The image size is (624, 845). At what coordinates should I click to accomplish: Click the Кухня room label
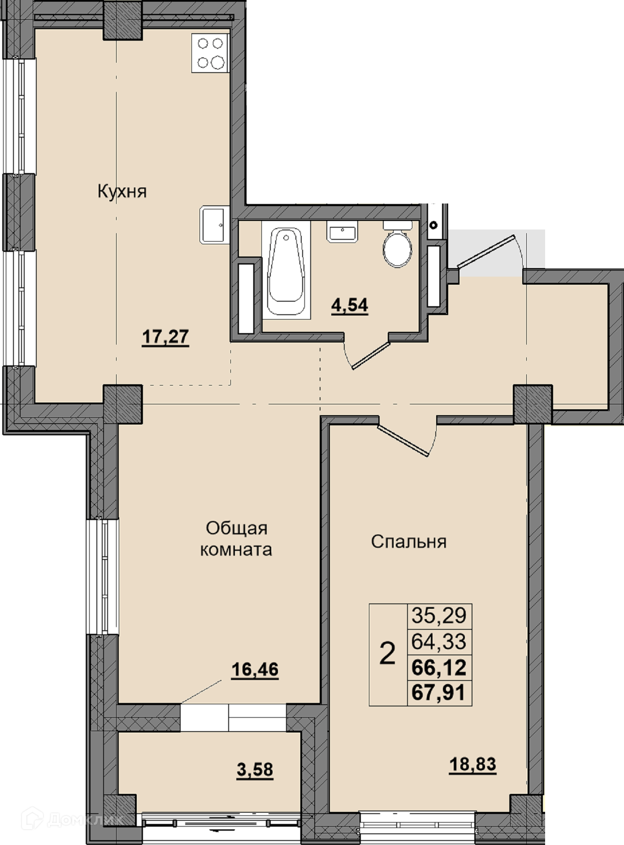tap(122, 192)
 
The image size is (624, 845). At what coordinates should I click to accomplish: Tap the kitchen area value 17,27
tap(165, 337)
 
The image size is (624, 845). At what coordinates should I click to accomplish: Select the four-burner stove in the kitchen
tap(210, 53)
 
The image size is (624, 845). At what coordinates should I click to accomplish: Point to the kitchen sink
tap(214, 225)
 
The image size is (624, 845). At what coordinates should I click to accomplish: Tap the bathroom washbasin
tap(342, 232)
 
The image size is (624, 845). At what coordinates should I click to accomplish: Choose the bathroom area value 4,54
tap(350, 306)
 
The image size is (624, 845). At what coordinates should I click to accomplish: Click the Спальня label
tap(409, 542)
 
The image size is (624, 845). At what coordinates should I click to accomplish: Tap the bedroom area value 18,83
tap(472, 764)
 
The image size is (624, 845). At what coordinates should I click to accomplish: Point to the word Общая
tap(237, 528)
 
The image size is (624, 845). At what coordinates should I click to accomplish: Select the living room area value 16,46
tap(255, 669)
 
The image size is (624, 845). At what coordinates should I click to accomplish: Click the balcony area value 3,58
tap(255, 770)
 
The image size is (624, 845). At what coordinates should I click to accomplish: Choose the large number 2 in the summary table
tap(388, 654)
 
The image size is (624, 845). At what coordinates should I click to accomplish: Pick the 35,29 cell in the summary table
tap(439, 615)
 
